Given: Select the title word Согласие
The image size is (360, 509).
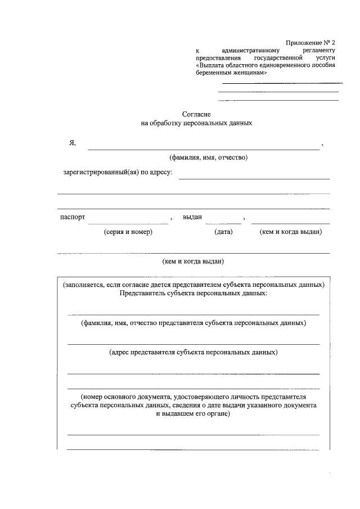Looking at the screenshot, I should tap(196, 114).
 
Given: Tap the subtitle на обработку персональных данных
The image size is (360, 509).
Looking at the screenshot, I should tap(196, 122).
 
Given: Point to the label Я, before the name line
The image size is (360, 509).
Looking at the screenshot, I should tap(72, 143).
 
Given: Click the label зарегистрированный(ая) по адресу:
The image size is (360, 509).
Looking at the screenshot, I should tap(118, 172).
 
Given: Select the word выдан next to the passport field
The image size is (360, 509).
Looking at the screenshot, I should tap(192, 217).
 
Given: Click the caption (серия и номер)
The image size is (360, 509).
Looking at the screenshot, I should tap(128, 232).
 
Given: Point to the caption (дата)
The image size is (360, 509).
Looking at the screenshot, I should tap(223, 232).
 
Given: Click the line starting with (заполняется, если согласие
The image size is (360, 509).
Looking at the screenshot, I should tap(193, 285).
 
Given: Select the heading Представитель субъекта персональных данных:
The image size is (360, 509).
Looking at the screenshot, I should tap(193, 293).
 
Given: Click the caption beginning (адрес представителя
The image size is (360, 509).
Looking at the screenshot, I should tap(193, 352).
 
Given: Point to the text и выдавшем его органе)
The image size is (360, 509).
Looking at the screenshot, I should tap(193, 413).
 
